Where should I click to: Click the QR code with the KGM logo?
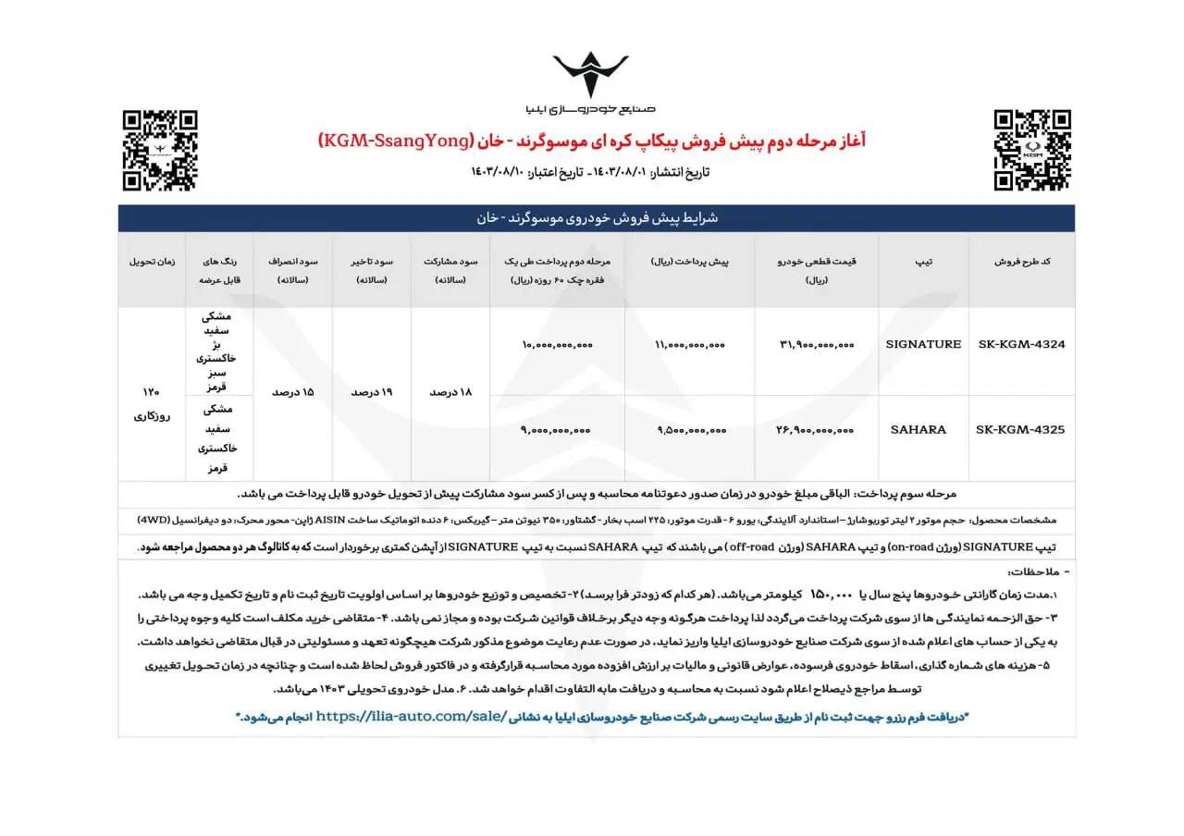tap(1031, 150)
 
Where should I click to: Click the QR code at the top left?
tap(160, 150)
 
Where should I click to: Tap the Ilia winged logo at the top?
tap(590, 75)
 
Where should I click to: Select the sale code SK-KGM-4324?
tap(1021, 344)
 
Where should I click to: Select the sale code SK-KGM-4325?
tap(1021, 429)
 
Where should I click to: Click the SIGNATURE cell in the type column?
tap(923, 344)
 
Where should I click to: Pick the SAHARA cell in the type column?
tap(918, 429)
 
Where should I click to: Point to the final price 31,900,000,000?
tap(818, 344)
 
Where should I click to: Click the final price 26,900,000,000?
tap(818, 429)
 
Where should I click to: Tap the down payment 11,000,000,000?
tap(690, 344)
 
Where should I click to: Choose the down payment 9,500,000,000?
tap(690, 429)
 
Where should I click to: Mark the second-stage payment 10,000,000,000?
tap(557, 344)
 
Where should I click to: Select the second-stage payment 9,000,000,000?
tap(557, 429)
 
